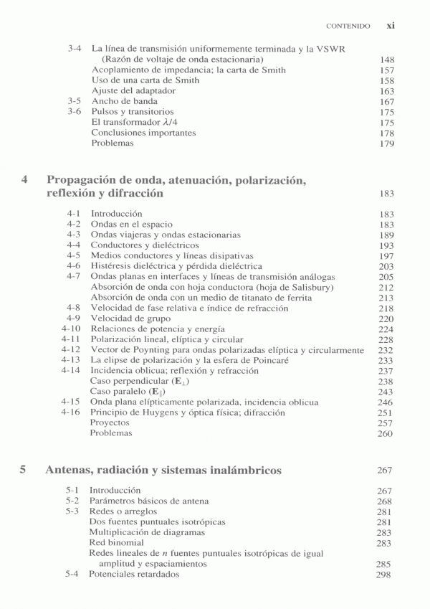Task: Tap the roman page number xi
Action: click(x=391, y=25)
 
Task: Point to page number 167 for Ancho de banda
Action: click(x=387, y=102)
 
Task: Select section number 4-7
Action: click(x=73, y=276)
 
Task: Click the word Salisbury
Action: click(x=314, y=287)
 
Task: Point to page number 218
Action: click(x=386, y=308)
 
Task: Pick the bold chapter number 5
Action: click(x=24, y=471)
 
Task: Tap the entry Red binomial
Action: click(x=115, y=543)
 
